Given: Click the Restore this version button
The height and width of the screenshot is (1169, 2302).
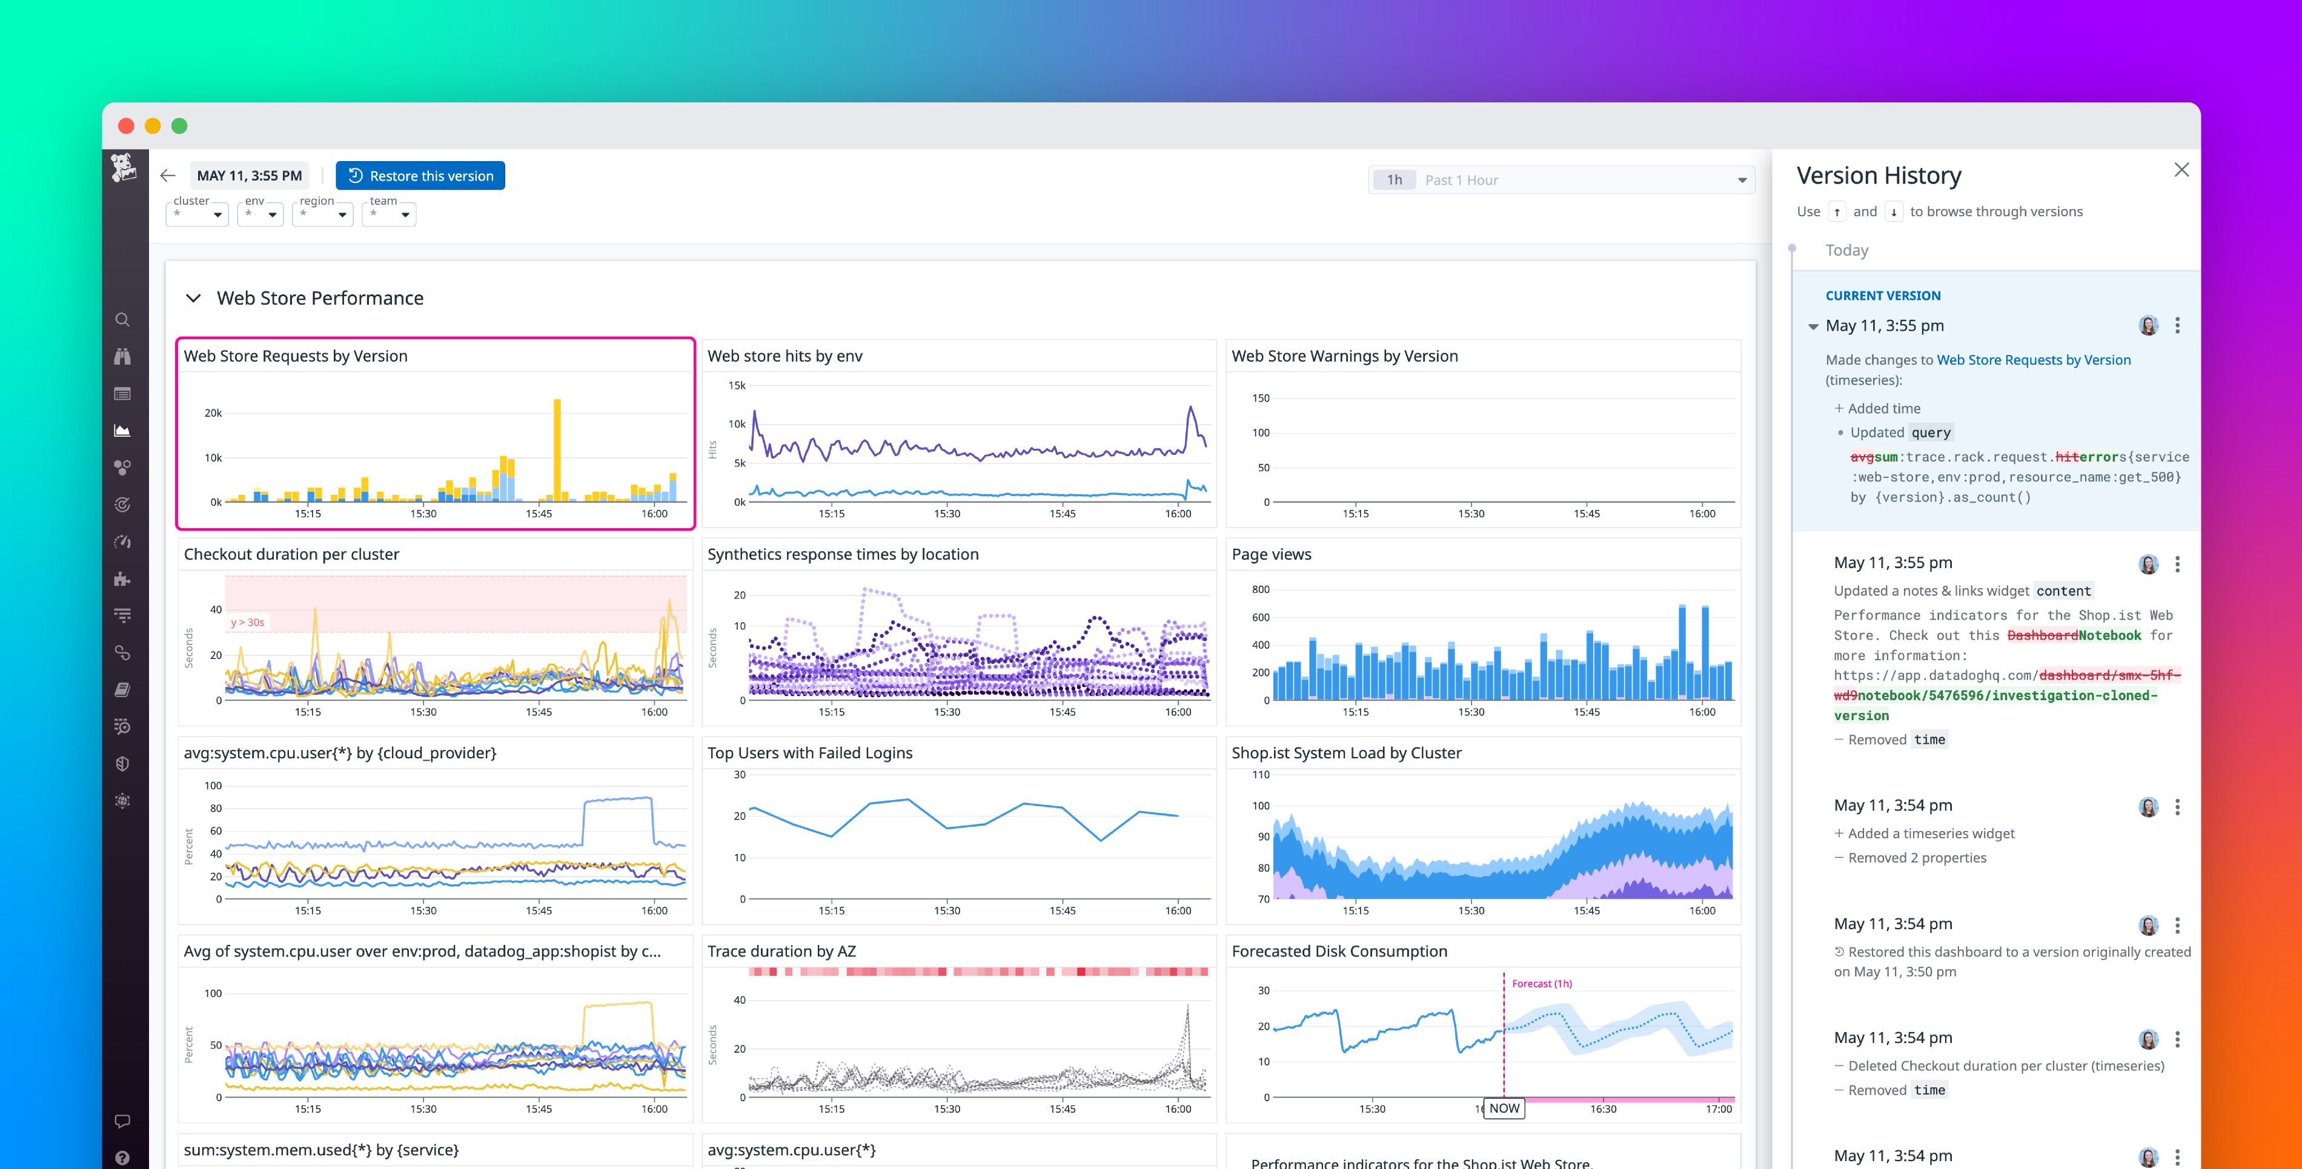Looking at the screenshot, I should click(x=420, y=176).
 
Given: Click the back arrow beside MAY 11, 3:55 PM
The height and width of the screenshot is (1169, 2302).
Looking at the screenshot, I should click(x=168, y=176).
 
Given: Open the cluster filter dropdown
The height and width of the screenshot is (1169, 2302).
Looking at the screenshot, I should click(x=197, y=214).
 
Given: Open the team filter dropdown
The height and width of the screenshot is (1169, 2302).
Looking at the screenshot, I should click(x=389, y=214).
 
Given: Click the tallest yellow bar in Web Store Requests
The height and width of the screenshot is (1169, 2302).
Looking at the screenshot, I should click(x=557, y=447).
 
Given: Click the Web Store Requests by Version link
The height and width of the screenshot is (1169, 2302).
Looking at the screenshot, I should click(x=2033, y=360).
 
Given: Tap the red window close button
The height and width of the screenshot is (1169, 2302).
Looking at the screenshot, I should click(x=126, y=126).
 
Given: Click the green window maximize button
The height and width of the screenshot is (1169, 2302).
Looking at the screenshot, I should click(x=180, y=126).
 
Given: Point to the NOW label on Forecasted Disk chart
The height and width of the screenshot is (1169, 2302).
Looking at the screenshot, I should click(x=1504, y=1108).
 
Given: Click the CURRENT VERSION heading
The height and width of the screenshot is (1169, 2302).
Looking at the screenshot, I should click(x=1882, y=296).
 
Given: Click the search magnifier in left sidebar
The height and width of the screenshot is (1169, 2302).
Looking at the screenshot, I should click(x=122, y=320).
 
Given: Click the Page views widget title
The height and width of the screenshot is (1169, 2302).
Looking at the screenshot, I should click(x=1271, y=554).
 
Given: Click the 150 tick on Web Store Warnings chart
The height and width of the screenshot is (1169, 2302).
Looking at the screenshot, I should click(x=1260, y=399).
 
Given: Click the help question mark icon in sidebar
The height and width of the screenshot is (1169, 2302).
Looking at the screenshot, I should click(x=122, y=1157).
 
